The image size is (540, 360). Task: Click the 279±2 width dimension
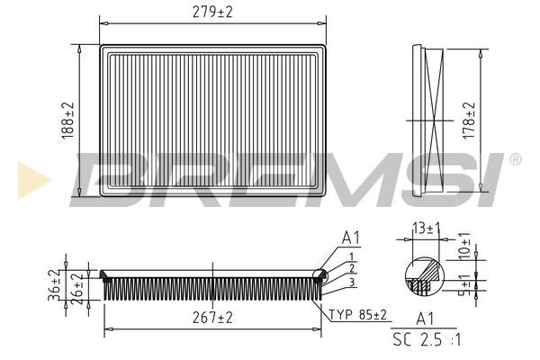(x=212, y=13)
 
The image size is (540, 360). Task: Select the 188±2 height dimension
(x=68, y=121)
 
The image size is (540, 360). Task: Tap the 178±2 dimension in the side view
(x=469, y=121)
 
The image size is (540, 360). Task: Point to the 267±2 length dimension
(x=212, y=318)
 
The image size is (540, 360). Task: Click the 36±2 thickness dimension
(x=54, y=285)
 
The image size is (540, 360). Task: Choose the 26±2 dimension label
(x=77, y=288)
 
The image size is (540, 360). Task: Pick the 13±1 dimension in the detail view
(x=427, y=229)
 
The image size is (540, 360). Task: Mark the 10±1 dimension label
(x=464, y=246)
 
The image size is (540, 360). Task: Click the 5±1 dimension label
(x=466, y=285)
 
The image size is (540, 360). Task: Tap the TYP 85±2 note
(x=358, y=314)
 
